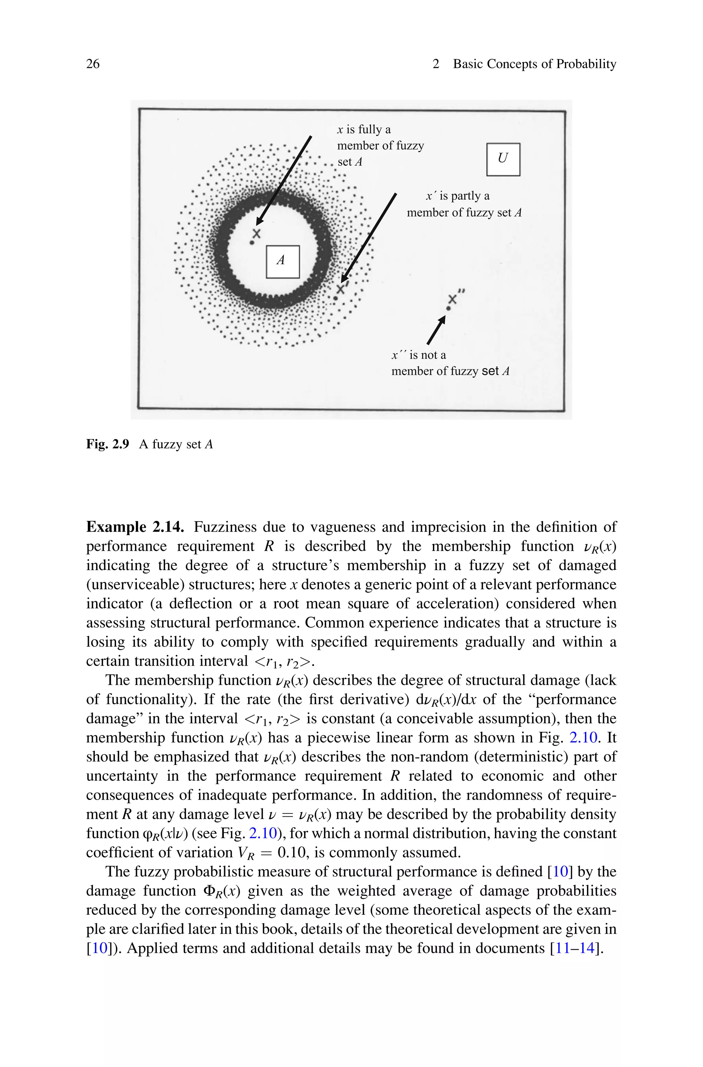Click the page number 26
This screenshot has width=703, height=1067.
(93, 64)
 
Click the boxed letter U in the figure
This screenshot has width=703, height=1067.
(503, 159)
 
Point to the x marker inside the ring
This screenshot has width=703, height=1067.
(256, 233)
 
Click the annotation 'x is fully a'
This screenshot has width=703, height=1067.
(364, 130)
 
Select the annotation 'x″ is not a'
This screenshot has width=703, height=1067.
(419, 355)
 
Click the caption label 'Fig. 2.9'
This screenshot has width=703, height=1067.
(107, 444)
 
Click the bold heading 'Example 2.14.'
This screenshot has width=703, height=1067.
(135, 527)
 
